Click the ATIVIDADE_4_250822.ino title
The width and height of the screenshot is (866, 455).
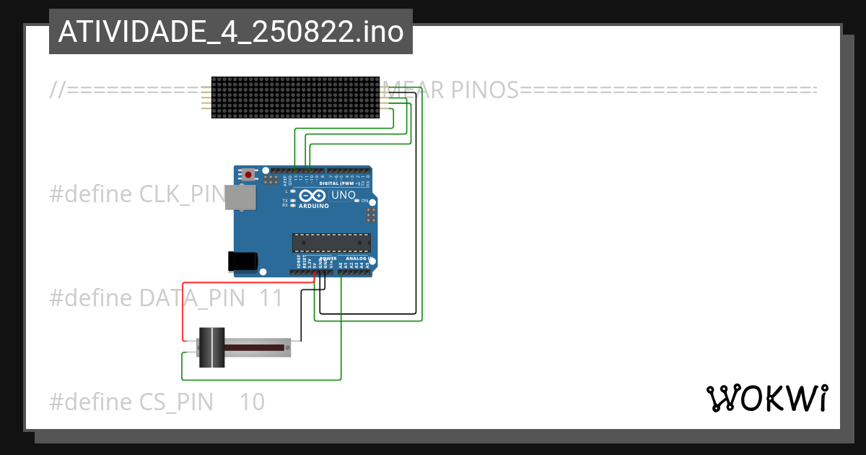tap(231, 32)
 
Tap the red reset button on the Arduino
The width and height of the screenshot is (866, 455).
tap(248, 175)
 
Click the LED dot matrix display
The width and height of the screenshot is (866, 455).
tap(295, 97)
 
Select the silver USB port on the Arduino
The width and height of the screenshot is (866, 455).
tap(240, 197)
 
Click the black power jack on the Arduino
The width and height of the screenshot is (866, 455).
tap(242, 261)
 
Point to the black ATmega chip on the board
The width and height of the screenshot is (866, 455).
tap(331, 243)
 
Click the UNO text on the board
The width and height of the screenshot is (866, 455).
tap(343, 195)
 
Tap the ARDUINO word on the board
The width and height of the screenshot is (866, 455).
tap(313, 206)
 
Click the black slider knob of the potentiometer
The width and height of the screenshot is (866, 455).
tap(211, 347)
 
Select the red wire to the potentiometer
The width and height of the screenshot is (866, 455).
tap(183, 311)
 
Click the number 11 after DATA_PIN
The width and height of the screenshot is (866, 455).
tap(271, 298)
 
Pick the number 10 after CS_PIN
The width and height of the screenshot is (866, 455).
tap(252, 402)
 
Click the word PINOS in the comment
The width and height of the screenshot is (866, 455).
tap(484, 90)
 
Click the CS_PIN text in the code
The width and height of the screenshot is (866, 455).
tap(176, 402)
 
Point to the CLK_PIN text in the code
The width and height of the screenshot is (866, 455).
tap(180, 194)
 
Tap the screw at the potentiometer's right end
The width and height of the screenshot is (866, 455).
tap(287, 348)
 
